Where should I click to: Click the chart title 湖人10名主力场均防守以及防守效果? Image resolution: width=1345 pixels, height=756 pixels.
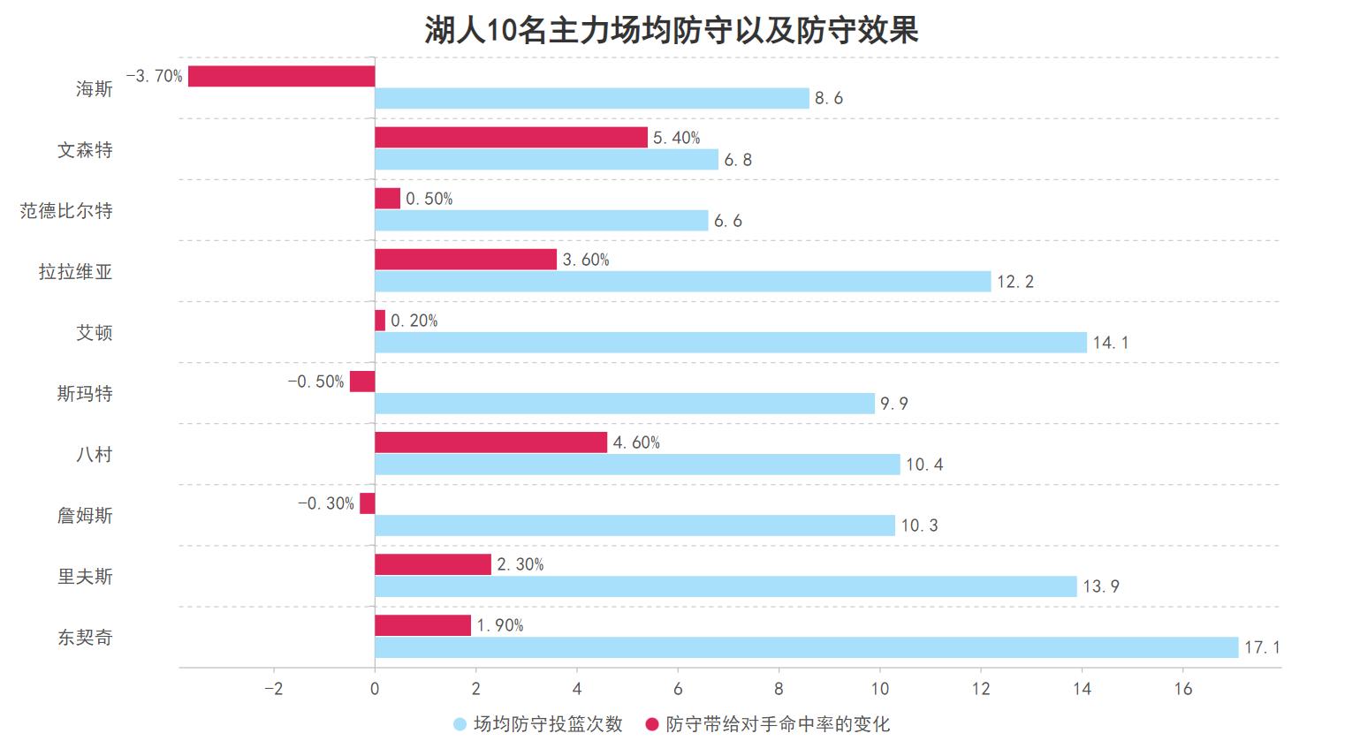672,30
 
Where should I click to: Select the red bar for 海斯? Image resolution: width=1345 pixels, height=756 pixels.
281,76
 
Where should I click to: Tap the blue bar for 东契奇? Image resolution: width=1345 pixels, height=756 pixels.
806,647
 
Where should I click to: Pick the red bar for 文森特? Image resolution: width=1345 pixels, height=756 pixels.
511,137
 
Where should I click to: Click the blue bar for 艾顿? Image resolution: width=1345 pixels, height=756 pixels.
730,343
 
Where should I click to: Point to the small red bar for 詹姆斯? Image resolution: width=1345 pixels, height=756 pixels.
367,503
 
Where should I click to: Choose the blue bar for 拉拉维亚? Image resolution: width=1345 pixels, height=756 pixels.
682,282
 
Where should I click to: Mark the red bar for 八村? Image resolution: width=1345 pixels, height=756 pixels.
490,442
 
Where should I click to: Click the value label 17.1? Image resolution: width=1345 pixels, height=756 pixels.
1262,647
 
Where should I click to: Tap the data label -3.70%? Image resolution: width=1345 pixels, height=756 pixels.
155,76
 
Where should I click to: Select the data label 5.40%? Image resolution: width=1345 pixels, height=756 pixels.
676,138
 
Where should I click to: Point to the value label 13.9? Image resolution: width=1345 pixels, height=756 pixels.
1101,586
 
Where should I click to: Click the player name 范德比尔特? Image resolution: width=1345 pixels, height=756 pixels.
67,211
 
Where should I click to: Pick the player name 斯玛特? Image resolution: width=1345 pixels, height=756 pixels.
85,394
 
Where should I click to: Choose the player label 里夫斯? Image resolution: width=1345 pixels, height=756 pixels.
85,577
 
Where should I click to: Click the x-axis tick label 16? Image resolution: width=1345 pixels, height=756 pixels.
1182,689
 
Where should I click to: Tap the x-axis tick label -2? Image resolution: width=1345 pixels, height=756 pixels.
273,689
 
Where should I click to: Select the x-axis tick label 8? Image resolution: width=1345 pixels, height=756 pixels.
779,689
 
